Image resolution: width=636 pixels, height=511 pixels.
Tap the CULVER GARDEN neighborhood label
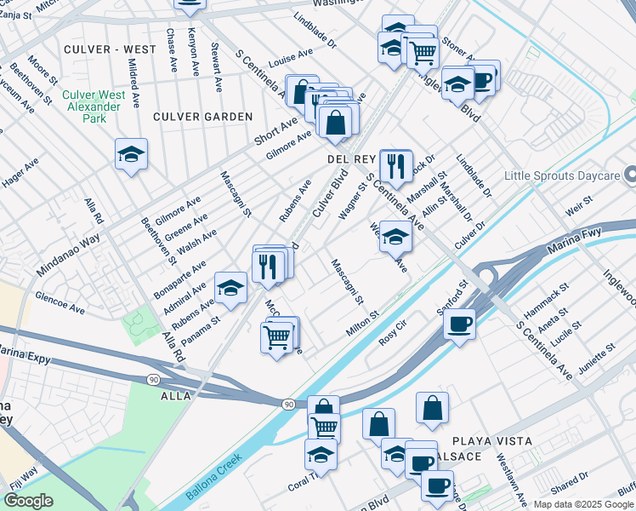(x=203, y=116)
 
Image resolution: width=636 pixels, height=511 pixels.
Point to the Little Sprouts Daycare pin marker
(x=630, y=175)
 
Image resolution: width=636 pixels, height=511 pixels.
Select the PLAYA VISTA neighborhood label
(x=492, y=441)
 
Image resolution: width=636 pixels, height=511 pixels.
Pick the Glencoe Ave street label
(x=60, y=302)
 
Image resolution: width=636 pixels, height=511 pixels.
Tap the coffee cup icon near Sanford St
(x=459, y=324)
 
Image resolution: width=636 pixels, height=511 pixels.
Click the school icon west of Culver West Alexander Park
(x=131, y=154)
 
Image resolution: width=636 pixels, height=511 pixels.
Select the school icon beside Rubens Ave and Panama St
(x=230, y=289)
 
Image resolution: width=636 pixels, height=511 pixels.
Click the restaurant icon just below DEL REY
(x=395, y=164)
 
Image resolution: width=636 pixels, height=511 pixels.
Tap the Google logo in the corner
(x=27, y=501)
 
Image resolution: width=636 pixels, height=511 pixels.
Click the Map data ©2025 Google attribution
(x=583, y=504)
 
